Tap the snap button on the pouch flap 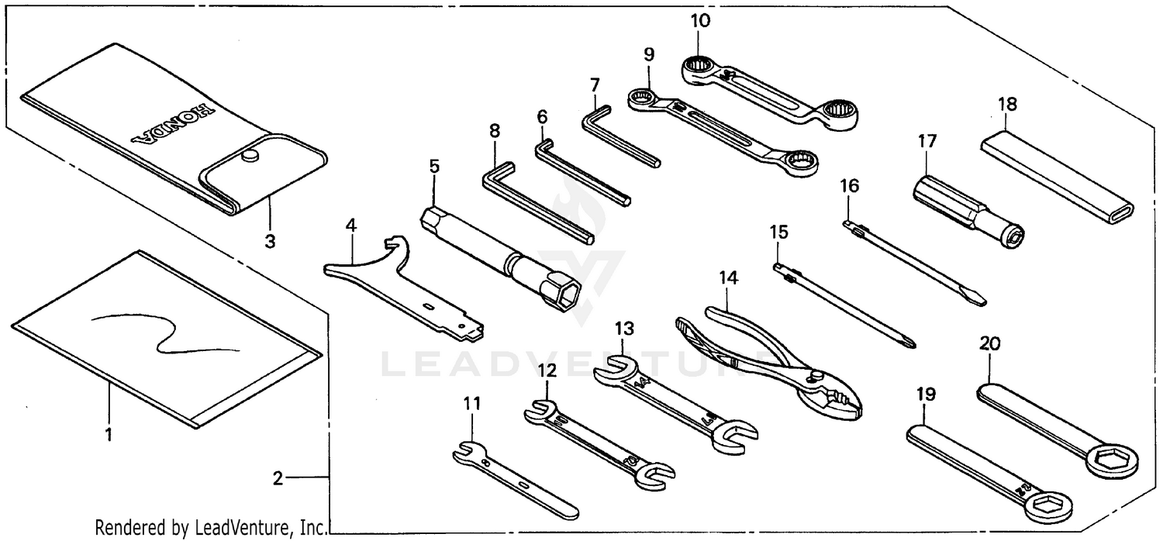point(249,157)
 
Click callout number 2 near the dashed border point(278,478)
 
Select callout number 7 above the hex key point(595,84)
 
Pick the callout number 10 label point(699,20)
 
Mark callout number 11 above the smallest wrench point(472,404)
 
